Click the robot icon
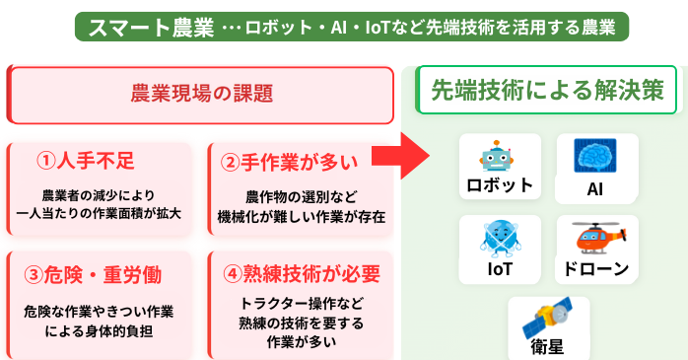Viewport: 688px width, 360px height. tap(499, 158)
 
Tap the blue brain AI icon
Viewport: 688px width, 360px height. tap(594, 157)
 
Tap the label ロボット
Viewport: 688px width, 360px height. tap(500, 184)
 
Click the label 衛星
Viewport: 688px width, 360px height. tap(548, 346)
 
